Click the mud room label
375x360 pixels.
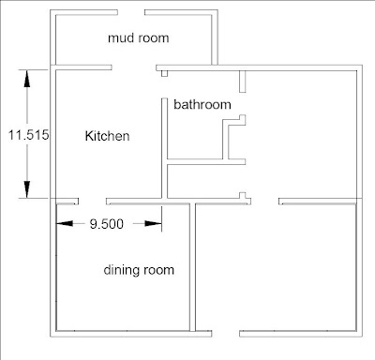139,38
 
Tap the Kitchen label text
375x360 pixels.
107,136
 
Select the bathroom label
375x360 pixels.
202,104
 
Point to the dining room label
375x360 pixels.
139,270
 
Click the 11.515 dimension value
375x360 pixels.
28,135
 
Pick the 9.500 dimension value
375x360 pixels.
107,224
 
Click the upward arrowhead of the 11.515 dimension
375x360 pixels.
27,79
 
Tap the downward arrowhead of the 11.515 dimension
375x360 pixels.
27,189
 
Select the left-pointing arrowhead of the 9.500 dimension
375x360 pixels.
65,223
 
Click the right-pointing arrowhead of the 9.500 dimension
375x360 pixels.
154,223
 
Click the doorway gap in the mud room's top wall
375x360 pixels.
131,12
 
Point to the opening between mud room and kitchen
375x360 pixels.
134,67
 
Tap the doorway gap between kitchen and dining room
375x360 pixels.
92,202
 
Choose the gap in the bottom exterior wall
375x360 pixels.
226,334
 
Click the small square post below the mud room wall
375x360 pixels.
164,73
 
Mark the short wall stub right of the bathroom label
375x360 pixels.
242,82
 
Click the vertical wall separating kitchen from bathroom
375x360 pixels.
164,148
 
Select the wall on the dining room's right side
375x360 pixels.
193,267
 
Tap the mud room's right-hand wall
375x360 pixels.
215,37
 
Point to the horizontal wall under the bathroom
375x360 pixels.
206,162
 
